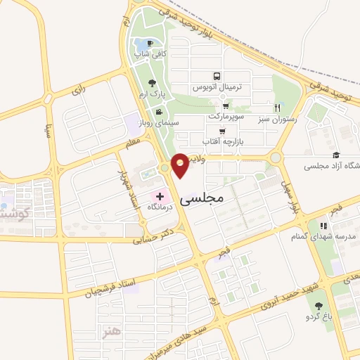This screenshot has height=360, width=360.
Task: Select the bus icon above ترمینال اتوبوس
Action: [216, 76]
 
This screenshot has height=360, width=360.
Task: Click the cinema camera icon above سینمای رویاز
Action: [160, 112]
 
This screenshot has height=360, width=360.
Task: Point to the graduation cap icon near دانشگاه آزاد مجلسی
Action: [336, 155]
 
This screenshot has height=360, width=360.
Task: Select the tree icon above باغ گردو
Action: [319, 306]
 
